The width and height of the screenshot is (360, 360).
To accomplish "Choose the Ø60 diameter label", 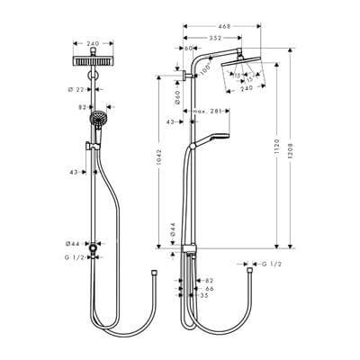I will pos(177,96).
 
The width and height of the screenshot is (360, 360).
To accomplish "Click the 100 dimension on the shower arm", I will pos(207,68).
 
